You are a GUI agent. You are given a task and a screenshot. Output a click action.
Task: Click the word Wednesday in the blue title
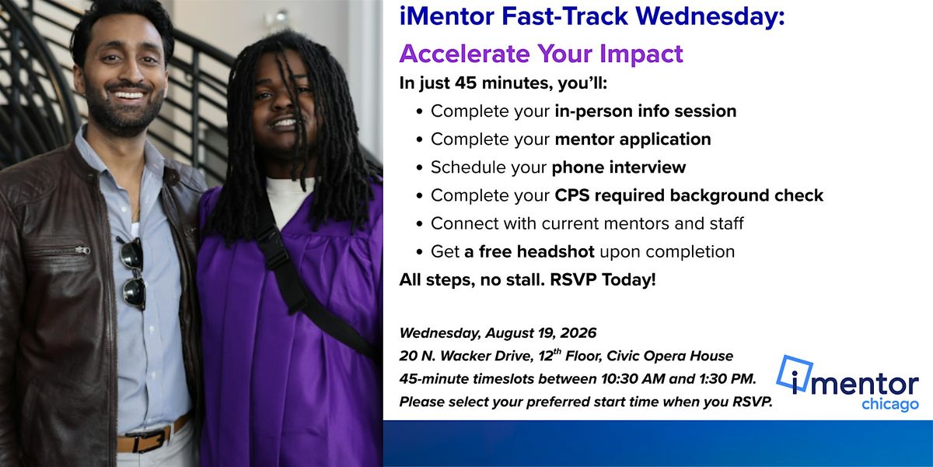(710, 16)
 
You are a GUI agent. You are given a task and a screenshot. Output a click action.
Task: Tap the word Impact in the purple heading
(641, 54)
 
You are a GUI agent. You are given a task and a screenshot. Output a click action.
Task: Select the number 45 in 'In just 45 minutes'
(466, 83)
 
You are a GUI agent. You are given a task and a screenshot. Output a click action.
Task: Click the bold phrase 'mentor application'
(633, 139)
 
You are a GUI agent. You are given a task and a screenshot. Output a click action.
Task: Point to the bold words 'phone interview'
(619, 167)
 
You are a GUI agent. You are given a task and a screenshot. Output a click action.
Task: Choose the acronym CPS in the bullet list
(572, 195)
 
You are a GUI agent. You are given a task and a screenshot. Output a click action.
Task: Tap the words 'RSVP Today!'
(603, 279)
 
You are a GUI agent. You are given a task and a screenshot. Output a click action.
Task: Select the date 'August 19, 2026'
(540, 333)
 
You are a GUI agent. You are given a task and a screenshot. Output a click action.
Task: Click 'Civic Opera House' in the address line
(669, 356)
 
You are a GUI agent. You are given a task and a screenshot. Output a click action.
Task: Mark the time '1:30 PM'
(727, 379)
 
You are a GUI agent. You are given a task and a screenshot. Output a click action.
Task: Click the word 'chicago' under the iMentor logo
(889, 405)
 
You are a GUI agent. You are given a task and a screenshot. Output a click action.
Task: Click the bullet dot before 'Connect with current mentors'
(419, 224)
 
